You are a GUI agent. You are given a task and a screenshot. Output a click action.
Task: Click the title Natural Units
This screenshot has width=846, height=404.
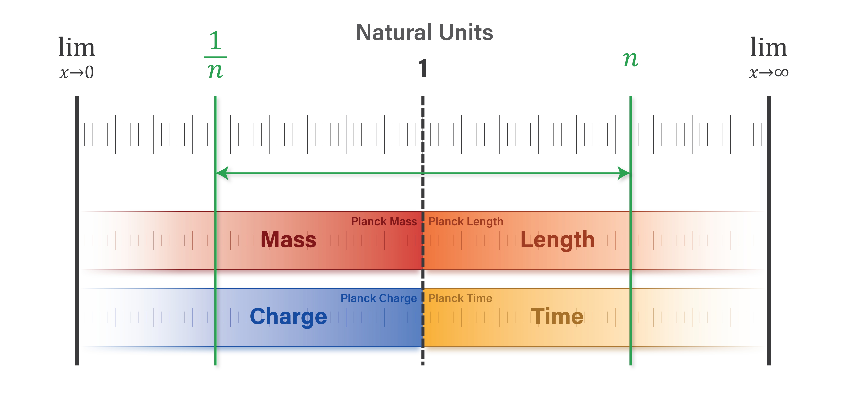pyautogui.click(x=424, y=33)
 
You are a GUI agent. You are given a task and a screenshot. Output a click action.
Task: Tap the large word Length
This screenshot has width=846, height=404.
pyautogui.click(x=557, y=240)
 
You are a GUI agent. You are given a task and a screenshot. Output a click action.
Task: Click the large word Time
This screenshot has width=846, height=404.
pyautogui.click(x=557, y=316)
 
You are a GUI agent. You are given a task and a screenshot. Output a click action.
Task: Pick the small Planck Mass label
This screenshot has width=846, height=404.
pyautogui.click(x=384, y=221)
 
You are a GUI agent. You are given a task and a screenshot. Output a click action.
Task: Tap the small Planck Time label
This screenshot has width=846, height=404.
pyautogui.click(x=460, y=298)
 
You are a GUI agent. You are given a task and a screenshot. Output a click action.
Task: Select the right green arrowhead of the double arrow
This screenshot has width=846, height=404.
pyautogui.click(x=623, y=173)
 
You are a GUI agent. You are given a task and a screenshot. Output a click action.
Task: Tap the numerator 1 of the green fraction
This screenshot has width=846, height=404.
pyautogui.click(x=215, y=41)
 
